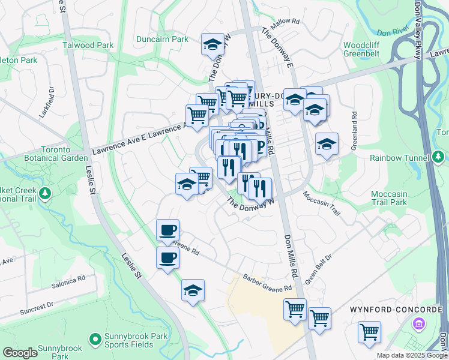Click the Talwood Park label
pos(88,45)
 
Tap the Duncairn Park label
pos(162,39)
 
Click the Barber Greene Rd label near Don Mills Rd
pos(267,283)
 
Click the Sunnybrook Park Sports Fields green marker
pos(94,340)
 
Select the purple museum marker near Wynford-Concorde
pos(418,324)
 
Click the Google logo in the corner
pos(20,353)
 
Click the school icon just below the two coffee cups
pos(193,291)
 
